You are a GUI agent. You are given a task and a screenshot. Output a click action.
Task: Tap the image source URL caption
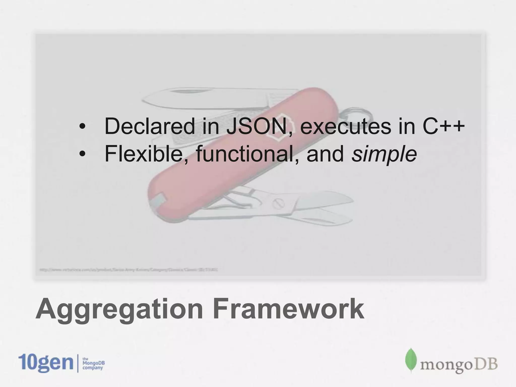click(128, 270)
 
